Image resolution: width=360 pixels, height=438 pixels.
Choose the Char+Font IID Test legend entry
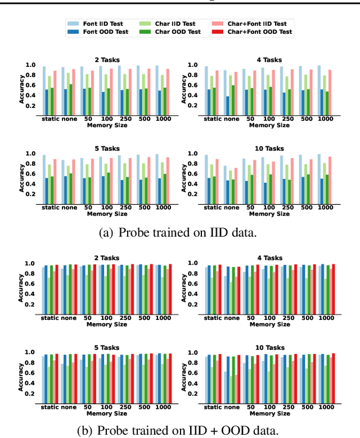tap(255, 24)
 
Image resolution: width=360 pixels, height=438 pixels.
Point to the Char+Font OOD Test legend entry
tap(256, 31)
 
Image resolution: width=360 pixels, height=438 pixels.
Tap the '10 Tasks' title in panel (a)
tap(265, 148)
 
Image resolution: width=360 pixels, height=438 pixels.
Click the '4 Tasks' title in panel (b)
tap(265, 258)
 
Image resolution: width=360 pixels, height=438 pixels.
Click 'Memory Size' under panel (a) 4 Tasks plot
tap(265, 125)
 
